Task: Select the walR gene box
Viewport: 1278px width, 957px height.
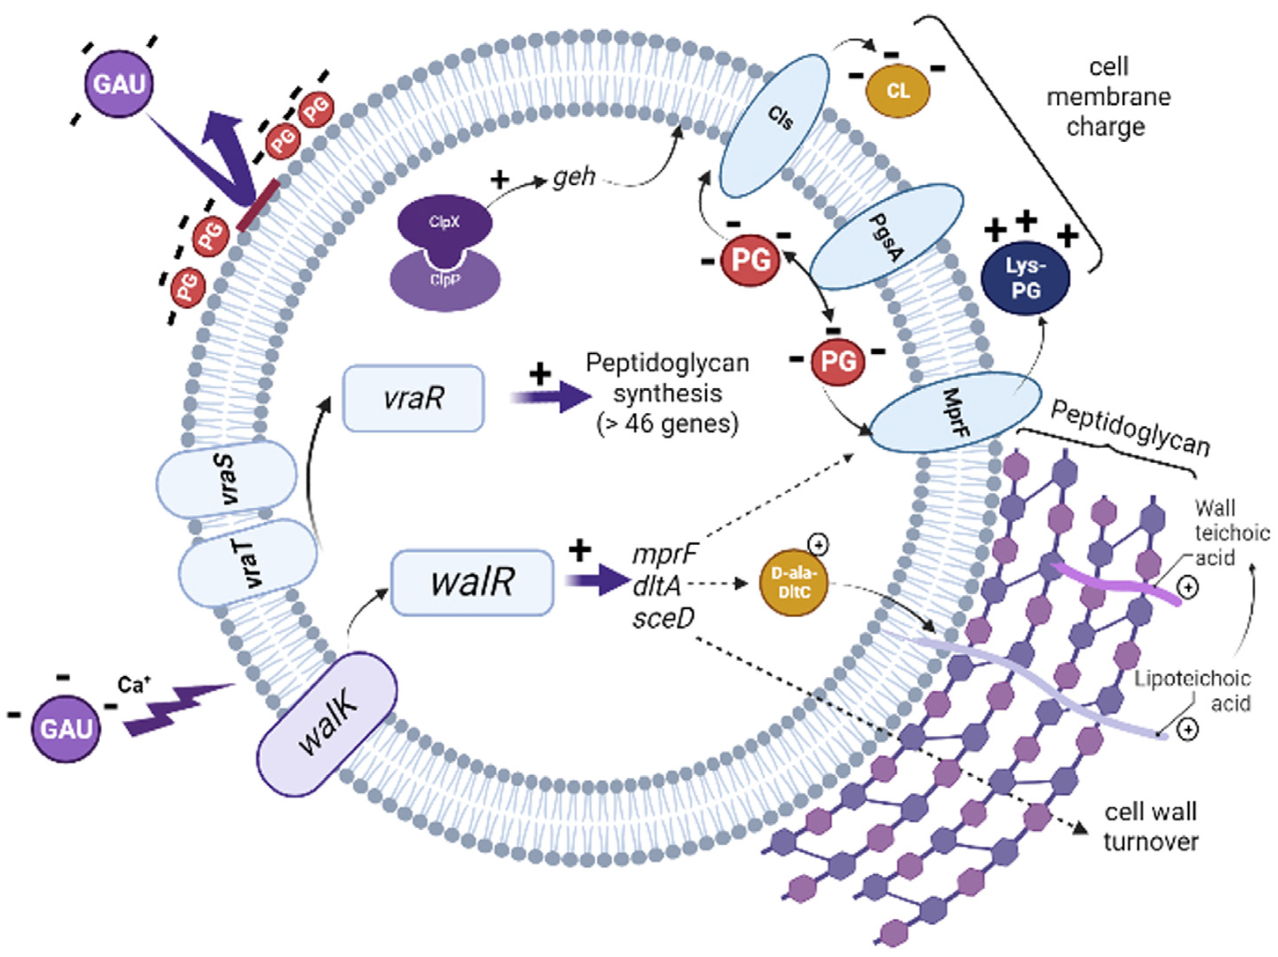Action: click(472, 582)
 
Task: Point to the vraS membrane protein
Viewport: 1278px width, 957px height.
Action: click(226, 479)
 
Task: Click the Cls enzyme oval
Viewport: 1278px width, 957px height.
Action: click(774, 126)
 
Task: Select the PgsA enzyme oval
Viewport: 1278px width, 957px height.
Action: click(886, 237)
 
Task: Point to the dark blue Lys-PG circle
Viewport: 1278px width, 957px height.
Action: click(1026, 279)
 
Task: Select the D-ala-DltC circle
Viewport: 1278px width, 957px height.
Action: click(793, 583)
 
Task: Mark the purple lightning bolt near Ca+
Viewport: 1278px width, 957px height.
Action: click(179, 710)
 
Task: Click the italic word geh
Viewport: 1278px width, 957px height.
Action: click(574, 177)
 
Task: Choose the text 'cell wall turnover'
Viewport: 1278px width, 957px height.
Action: click(1150, 827)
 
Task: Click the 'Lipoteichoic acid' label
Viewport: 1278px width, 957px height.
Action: click(1193, 691)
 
